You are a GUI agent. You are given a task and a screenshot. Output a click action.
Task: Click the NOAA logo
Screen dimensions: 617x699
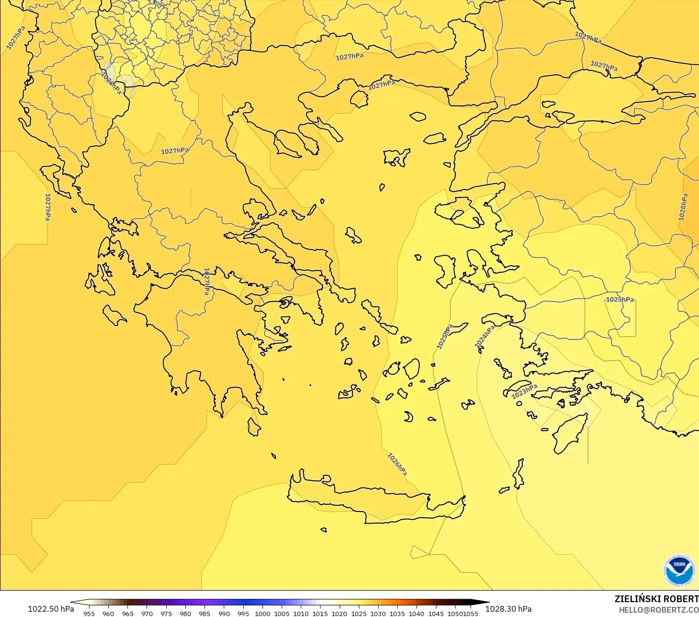pyautogui.click(x=679, y=570)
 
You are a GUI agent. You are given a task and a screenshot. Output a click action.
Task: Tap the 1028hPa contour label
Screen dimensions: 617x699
pyautogui.click(x=683, y=207)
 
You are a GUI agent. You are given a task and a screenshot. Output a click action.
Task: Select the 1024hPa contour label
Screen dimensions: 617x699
pyautogui.click(x=484, y=337)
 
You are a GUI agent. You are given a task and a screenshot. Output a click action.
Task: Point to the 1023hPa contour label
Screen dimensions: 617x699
pyautogui.click(x=524, y=391)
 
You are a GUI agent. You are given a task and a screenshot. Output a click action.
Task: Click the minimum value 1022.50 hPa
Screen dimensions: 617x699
pyautogui.click(x=51, y=609)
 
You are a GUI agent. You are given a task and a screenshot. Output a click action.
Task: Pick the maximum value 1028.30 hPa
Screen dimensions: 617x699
pyautogui.click(x=508, y=609)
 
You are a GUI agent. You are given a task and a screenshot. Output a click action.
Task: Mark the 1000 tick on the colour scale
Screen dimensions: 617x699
pyautogui.click(x=262, y=613)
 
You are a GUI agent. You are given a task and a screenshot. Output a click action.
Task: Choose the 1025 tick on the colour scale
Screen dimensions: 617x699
pyautogui.click(x=358, y=613)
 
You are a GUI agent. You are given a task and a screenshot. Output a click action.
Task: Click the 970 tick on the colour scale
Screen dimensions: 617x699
pyautogui.click(x=147, y=613)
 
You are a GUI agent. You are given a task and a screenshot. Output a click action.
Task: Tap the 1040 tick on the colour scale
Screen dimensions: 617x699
pyautogui.click(x=416, y=613)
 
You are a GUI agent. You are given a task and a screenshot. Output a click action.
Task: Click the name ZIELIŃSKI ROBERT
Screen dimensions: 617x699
pyautogui.click(x=656, y=599)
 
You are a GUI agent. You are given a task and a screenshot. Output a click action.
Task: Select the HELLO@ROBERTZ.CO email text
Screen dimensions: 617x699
pyautogui.click(x=659, y=610)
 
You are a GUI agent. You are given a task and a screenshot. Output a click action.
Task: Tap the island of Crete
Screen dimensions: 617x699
pyautogui.click(x=374, y=501)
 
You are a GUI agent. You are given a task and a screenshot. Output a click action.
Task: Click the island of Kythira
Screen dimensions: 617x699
pyautogui.click(x=253, y=427)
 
